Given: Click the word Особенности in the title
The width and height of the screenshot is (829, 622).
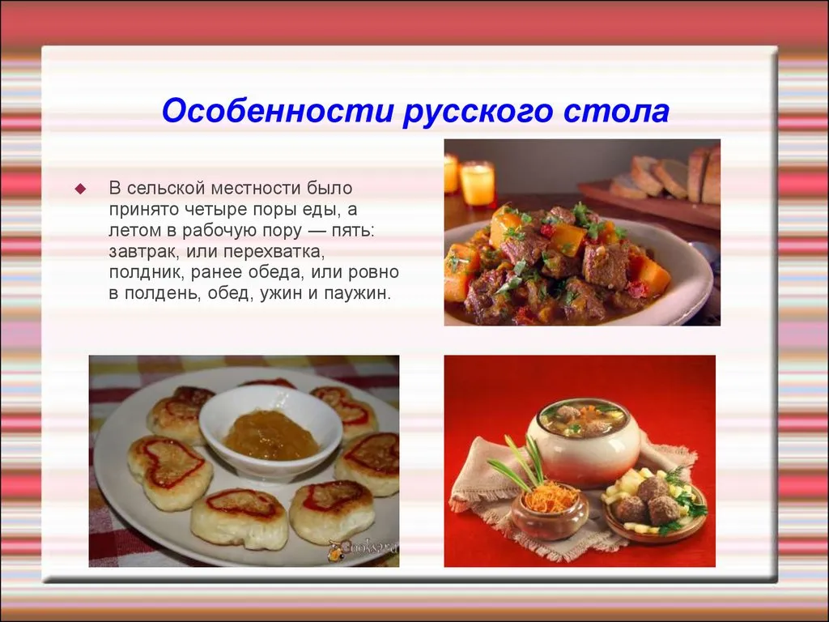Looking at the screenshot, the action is [278, 111].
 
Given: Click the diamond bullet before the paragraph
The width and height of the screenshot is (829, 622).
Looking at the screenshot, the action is [80, 189].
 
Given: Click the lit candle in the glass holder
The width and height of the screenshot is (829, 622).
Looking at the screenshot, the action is [477, 183].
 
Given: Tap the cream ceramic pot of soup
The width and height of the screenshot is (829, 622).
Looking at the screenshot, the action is [585, 441].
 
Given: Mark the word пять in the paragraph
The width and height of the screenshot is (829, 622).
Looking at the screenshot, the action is [353, 231].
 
